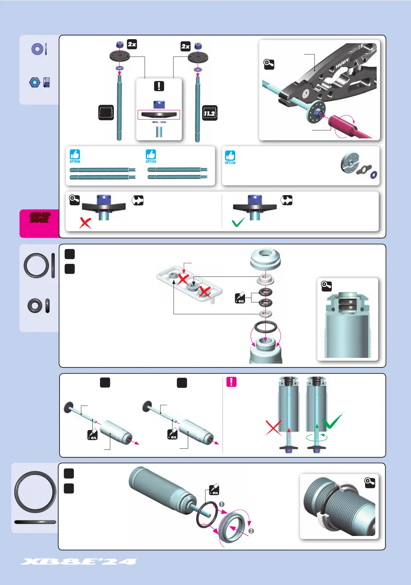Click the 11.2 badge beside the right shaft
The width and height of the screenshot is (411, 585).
pyautogui.click(x=210, y=113)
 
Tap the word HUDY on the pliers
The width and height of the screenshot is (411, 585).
pyautogui.click(x=342, y=63)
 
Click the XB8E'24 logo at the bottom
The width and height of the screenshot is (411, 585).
pyautogui.click(x=79, y=562)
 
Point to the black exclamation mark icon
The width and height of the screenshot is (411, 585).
pyautogui.click(x=159, y=86)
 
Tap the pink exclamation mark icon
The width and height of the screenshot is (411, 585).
pyautogui.click(x=231, y=382)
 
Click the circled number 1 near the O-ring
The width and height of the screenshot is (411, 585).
pyautogui.click(x=221, y=504)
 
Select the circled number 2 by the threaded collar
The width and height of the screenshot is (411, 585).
pyautogui.click(x=251, y=531)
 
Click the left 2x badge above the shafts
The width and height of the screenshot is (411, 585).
pyautogui.click(x=132, y=44)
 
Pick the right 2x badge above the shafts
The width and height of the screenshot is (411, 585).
pyautogui.click(x=185, y=46)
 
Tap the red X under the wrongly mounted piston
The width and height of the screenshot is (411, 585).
pyautogui.click(x=85, y=223)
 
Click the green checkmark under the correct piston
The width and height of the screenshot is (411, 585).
pyautogui.click(x=239, y=222)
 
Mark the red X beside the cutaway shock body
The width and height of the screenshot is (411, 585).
pyautogui.click(x=273, y=428)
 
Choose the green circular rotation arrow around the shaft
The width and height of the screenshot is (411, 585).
pyautogui.click(x=317, y=438)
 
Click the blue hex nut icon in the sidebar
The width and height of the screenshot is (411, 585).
pyautogui.click(x=35, y=82)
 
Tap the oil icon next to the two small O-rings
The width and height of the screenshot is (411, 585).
pyautogui.click(x=240, y=298)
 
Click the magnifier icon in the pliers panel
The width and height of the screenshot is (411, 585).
pyautogui.click(x=269, y=64)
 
